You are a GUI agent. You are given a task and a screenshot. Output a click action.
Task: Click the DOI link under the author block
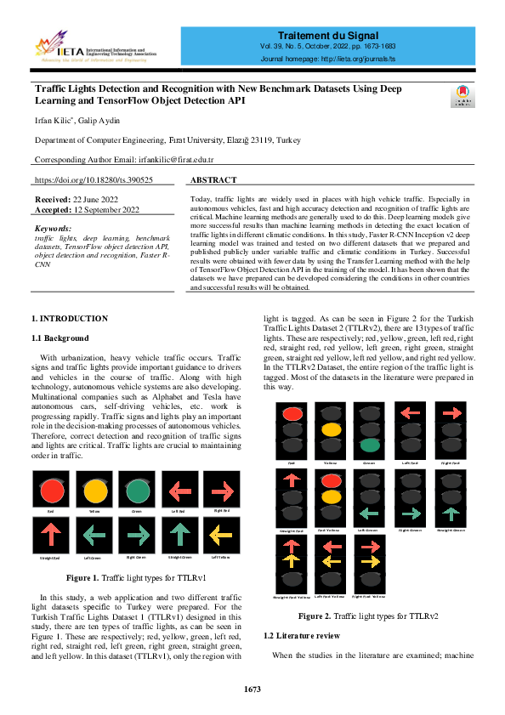tap(94, 180)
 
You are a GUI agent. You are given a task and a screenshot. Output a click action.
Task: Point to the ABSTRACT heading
tap(213, 180)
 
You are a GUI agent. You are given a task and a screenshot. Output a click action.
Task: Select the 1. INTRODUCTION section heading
tap(69, 318)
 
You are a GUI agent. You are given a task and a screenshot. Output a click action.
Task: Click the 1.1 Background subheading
tap(60, 338)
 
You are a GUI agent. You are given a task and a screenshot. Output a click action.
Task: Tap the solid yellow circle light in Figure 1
tap(95, 491)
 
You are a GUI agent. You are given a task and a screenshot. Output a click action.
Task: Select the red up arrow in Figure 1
tap(52, 534)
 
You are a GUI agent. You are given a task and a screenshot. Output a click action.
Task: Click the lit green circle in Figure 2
tap(370, 444)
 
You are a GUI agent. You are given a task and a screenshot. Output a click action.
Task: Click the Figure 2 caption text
tap(368, 616)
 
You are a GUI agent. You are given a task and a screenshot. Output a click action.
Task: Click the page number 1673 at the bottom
tap(252, 689)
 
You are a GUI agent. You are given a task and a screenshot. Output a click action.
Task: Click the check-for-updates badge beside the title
tap(464, 96)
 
